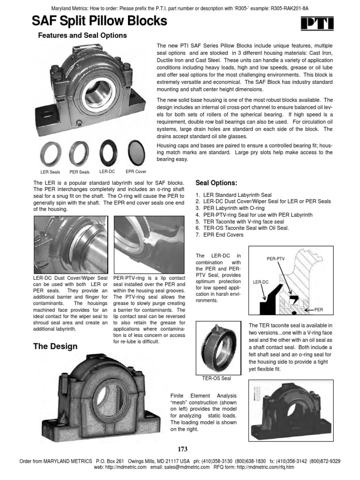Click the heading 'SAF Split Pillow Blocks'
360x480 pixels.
(x=99, y=21)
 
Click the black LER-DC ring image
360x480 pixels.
(x=107, y=152)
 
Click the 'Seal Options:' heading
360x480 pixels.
(x=217, y=182)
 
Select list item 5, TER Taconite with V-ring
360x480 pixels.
(x=240, y=221)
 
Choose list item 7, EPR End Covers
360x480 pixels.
(x=220, y=234)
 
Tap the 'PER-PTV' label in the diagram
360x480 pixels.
(x=275, y=258)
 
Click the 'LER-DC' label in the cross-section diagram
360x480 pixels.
(x=261, y=283)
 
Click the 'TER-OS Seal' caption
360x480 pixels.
(x=213, y=378)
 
